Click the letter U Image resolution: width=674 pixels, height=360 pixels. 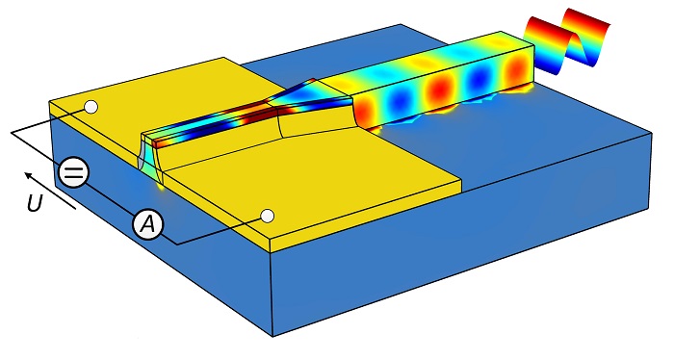tap(35, 205)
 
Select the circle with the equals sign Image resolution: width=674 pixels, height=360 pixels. tap(73, 172)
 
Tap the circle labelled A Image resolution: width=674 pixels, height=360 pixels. tap(147, 224)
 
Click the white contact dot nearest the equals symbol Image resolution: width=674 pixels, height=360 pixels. tap(91, 107)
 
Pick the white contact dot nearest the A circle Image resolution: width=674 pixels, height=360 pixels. tap(268, 215)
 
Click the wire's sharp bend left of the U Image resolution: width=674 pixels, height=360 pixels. tap(12, 132)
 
